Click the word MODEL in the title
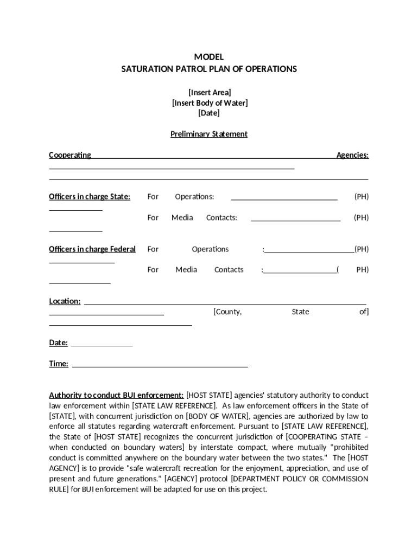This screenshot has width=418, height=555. click(x=209, y=57)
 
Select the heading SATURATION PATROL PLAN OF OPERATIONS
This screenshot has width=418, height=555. click(x=209, y=69)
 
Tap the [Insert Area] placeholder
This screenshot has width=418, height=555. click(x=209, y=92)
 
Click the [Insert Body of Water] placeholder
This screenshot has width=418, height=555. click(x=209, y=103)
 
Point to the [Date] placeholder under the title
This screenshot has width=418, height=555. click(x=209, y=113)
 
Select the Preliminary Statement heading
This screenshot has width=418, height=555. click(x=209, y=134)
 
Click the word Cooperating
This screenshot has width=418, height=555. click(x=70, y=155)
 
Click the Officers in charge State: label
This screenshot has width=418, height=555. click(x=90, y=197)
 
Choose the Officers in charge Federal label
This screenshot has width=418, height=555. click(x=92, y=249)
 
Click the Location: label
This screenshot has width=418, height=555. click(x=65, y=301)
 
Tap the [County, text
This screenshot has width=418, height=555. click(x=227, y=312)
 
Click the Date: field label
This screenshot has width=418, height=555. click(x=59, y=343)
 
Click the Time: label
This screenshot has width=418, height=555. click(x=59, y=364)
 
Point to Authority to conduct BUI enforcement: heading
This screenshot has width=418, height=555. click(x=116, y=395)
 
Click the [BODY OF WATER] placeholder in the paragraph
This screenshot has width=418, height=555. click(x=217, y=416)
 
